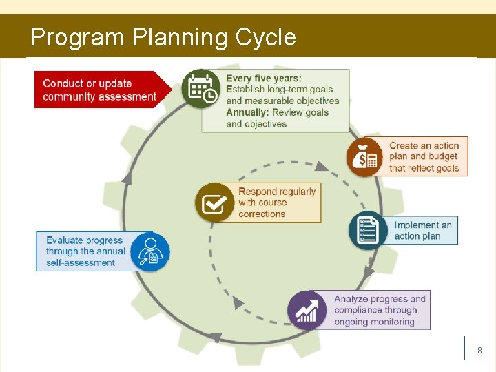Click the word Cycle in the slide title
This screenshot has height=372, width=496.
pos(265,37)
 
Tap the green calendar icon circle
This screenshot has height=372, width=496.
pos(201,88)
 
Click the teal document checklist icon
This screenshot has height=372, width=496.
pos(368,230)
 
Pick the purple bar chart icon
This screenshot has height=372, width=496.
pos(307,310)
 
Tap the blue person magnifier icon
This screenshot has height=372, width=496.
pos(149,251)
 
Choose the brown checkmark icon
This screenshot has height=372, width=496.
pos(215,202)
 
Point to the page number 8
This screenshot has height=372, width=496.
pos(479,351)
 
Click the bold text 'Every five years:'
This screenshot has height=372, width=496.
pos(264,79)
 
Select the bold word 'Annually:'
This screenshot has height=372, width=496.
pos(247,112)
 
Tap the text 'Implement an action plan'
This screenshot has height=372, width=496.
pos(422,230)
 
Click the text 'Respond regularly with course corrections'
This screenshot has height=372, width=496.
pos(276,203)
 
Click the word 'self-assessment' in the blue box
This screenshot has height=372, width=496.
pos(81,262)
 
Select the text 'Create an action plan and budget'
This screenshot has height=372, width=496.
pos(424,151)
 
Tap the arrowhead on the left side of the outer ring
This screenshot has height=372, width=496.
pos(127,178)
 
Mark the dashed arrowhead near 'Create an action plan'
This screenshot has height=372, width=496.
pos(322,165)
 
